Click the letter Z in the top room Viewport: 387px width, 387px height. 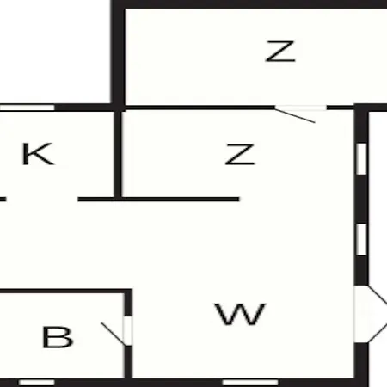280,51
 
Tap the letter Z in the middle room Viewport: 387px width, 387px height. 240,154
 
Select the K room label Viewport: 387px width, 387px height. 38,154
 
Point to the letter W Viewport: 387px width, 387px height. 240,314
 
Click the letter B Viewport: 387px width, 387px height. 58,337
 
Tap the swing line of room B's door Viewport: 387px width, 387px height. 114,335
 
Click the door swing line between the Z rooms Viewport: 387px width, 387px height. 295,116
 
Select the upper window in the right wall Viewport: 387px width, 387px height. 361,159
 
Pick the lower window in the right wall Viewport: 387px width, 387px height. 361,239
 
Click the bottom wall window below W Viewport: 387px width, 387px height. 250,383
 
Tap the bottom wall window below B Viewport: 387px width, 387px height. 37,383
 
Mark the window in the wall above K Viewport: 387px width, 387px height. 27,107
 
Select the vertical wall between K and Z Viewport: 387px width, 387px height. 118,154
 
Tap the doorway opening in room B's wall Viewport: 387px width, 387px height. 128,331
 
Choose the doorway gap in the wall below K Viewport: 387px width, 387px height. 42,199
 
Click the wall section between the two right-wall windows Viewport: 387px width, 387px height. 361,200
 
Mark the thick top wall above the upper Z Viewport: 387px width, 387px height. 249,4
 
